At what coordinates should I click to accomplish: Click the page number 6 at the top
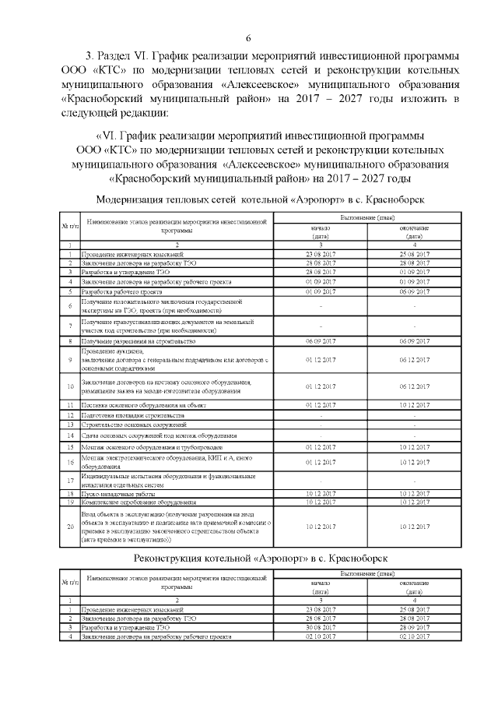(248, 39)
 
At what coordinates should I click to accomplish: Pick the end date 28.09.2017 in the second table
(414, 626)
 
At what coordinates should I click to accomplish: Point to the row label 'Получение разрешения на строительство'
(137, 341)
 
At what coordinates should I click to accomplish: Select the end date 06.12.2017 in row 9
(414, 359)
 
